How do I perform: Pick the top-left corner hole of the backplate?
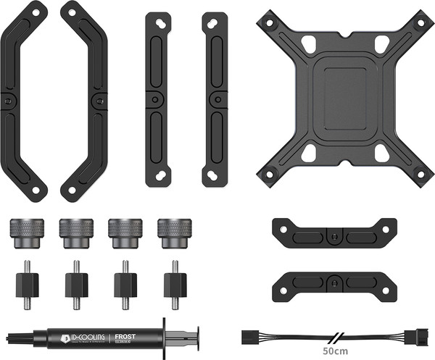coord(270,22)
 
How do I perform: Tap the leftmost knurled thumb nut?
coord(27,232)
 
